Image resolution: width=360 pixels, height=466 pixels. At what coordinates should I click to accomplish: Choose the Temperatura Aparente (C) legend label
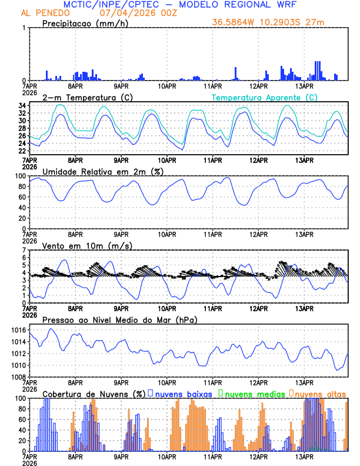point(265,97)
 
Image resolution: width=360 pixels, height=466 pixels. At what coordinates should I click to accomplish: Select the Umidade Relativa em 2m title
point(102,171)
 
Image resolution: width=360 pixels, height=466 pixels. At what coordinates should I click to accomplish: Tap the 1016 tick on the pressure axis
point(18,331)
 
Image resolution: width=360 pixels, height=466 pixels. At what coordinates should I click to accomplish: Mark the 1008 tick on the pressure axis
point(18,377)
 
